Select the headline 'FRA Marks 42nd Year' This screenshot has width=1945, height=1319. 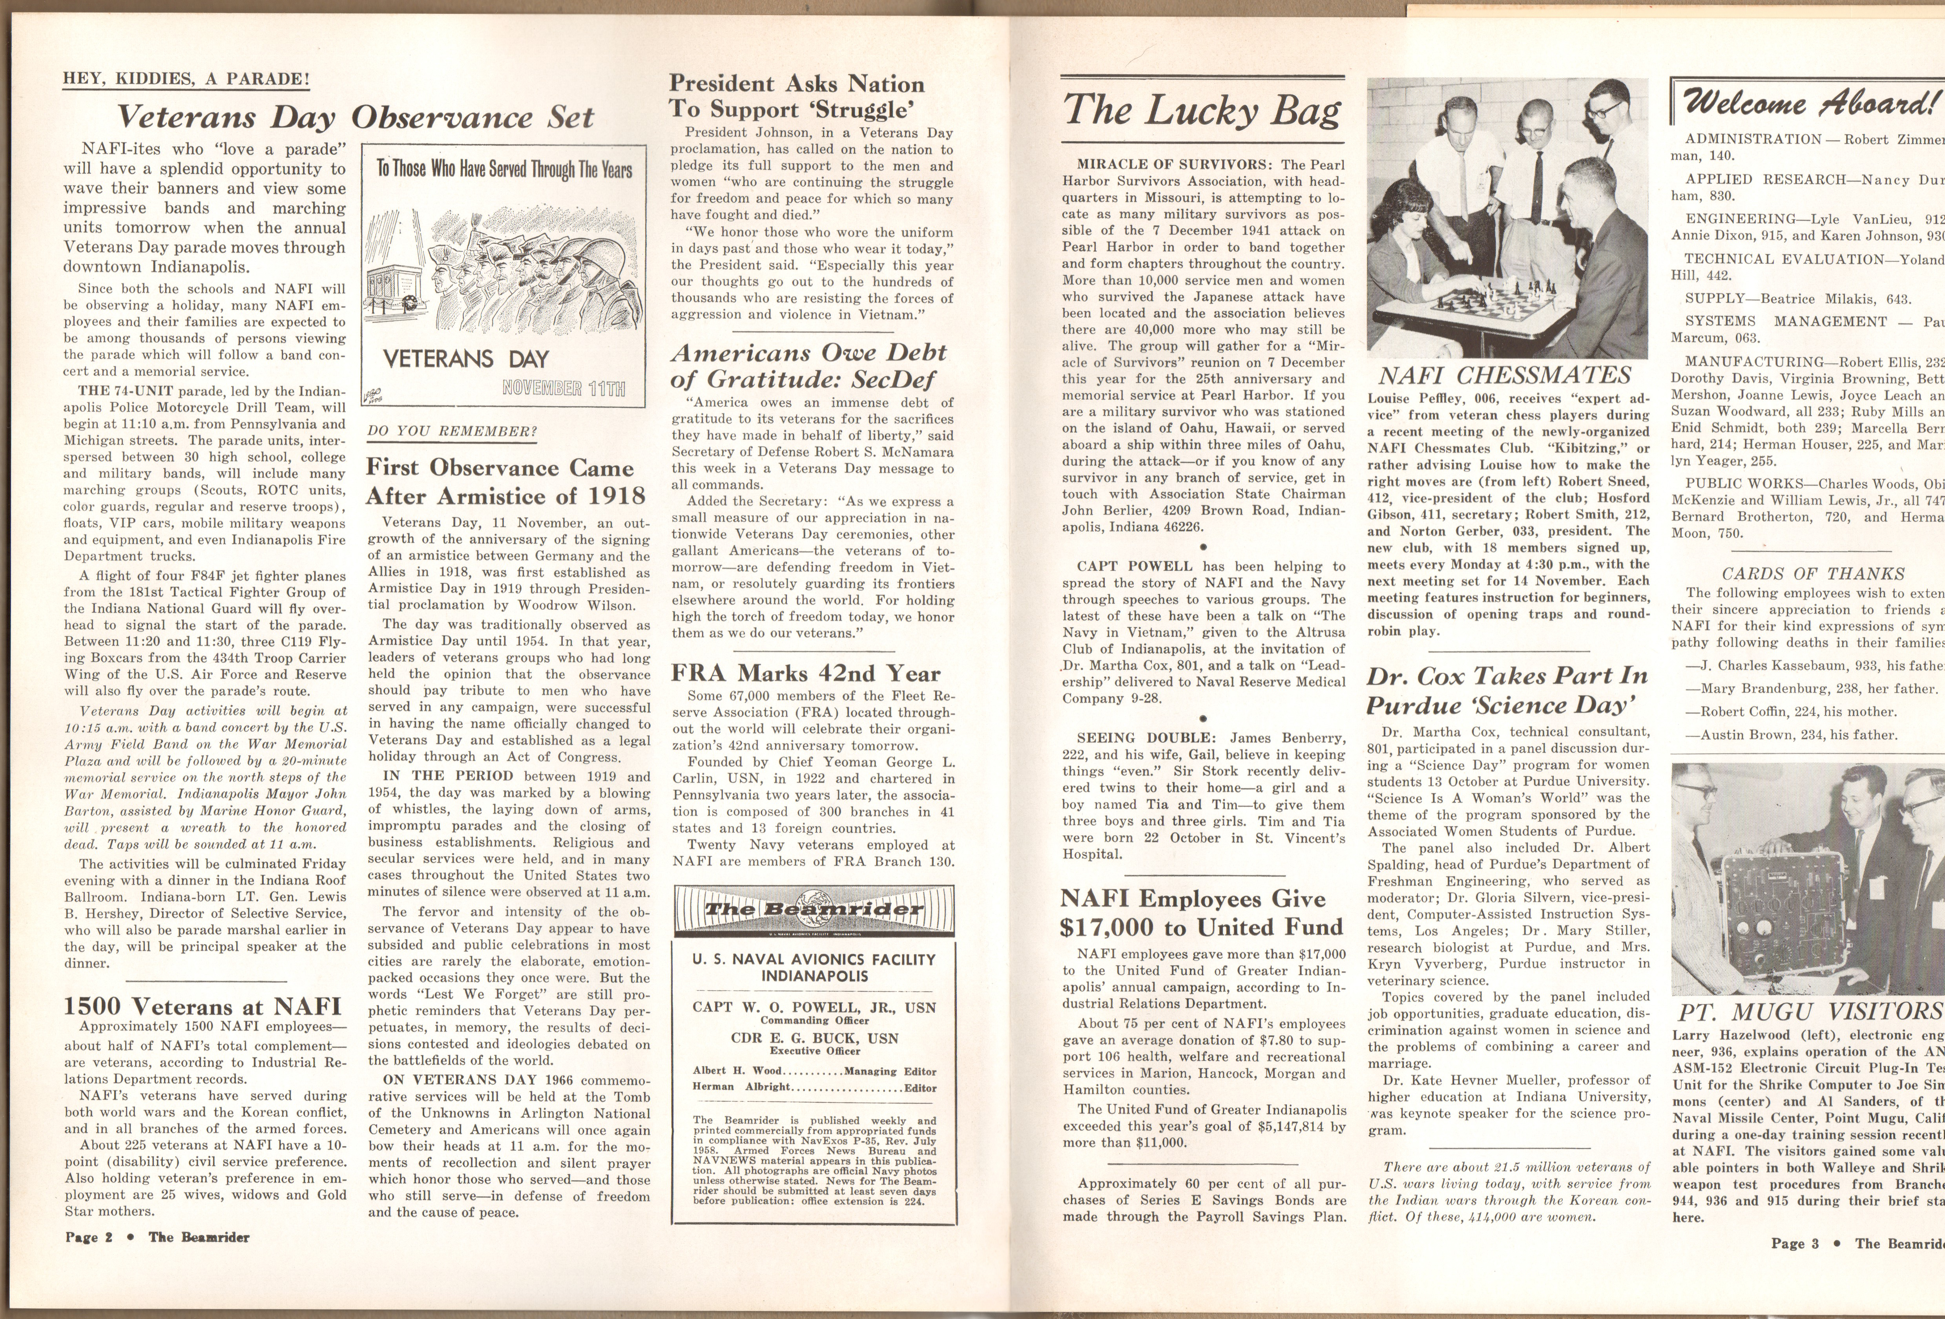click(805, 674)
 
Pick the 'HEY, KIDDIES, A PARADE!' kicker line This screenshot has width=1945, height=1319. click(187, 80)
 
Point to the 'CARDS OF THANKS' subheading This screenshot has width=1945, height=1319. click(1806, 574)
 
